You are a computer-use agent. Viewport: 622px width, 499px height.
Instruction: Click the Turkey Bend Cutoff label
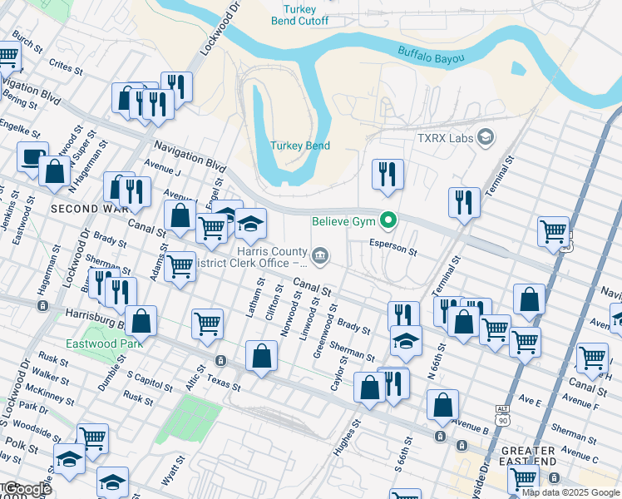[x=300, y=15]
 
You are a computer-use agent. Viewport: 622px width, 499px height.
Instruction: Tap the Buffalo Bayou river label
[x=430, y=54]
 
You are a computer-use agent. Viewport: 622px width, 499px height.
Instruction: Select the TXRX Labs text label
[x=443, y=136]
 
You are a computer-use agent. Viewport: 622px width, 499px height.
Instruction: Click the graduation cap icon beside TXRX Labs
[x=486, y=136]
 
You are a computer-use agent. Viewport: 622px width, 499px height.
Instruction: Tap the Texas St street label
[x=223, y=383]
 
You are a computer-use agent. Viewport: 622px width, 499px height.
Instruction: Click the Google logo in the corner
[x=27, y=489]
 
